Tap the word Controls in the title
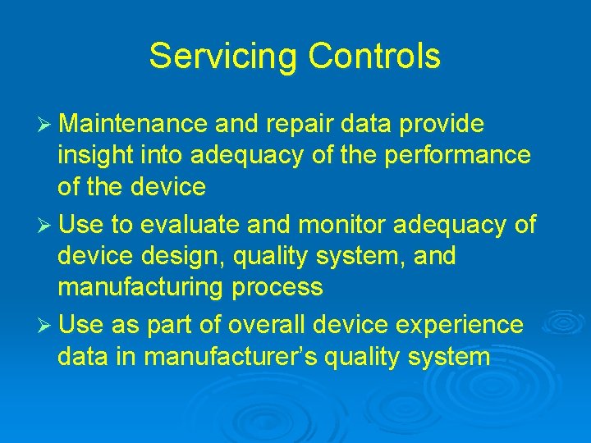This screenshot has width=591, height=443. tap(374, 57)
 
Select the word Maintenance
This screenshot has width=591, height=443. tap(133, 124)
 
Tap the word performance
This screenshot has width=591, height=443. tap(460, 156)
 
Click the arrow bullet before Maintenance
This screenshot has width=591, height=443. tap(46, 125)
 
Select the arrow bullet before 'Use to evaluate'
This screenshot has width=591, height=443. tap(46, 225)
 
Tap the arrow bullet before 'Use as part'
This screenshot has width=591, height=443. tap(46, 326)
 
